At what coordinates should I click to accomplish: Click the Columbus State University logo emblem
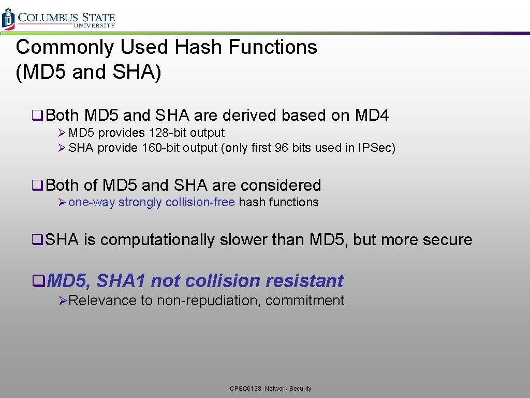8,19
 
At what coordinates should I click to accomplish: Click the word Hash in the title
199,47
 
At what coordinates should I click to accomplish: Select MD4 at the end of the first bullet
372,115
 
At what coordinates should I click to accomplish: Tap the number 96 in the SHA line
281,148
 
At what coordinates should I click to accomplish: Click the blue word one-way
92,202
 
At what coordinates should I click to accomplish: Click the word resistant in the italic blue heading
304,280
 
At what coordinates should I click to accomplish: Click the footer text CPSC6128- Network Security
271,388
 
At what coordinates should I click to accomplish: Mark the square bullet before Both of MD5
37,186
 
